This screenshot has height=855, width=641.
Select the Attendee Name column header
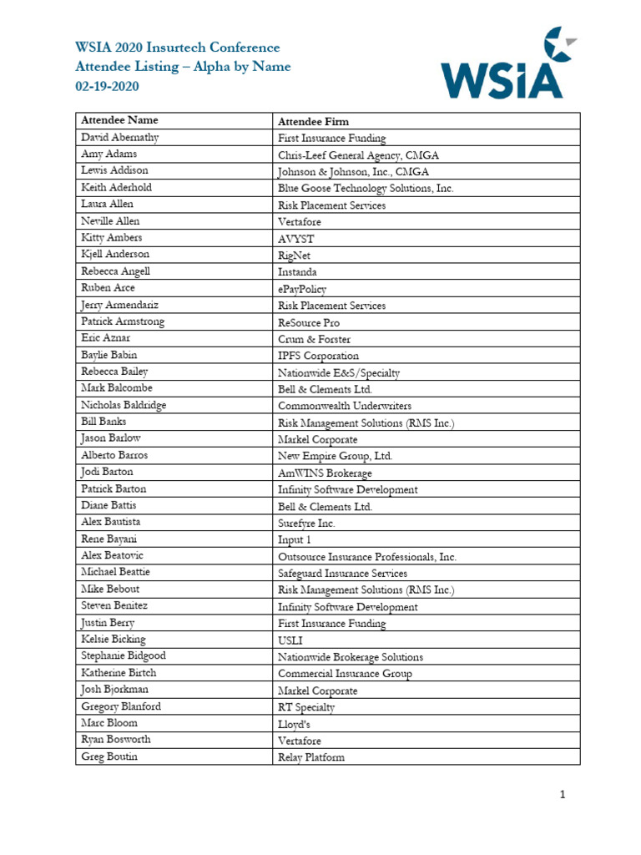coord(119,121)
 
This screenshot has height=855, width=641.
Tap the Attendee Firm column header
coord(313,122)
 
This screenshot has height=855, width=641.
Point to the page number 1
coord(563,795)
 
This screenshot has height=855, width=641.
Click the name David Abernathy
coord(120,138)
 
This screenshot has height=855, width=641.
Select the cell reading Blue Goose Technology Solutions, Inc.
coord(366,189)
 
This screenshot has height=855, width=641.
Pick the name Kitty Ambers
coord(112,238)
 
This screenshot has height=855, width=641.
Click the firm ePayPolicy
coord(303,289)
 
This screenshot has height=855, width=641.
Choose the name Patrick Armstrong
coord(123,321)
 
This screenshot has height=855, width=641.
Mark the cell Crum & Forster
coord(314,339)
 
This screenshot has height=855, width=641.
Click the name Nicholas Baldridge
coord(124,405)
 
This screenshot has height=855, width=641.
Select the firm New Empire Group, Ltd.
coord(335,456)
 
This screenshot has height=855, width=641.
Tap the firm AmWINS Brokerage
coord(325,473)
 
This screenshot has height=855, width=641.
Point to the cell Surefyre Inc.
coord(306,524)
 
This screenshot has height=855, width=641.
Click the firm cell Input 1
coord(294,540)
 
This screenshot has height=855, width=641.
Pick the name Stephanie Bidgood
coord(124,656)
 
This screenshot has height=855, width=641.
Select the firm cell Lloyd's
coord(294,724)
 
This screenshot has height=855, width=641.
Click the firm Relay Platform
coord(310,757)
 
